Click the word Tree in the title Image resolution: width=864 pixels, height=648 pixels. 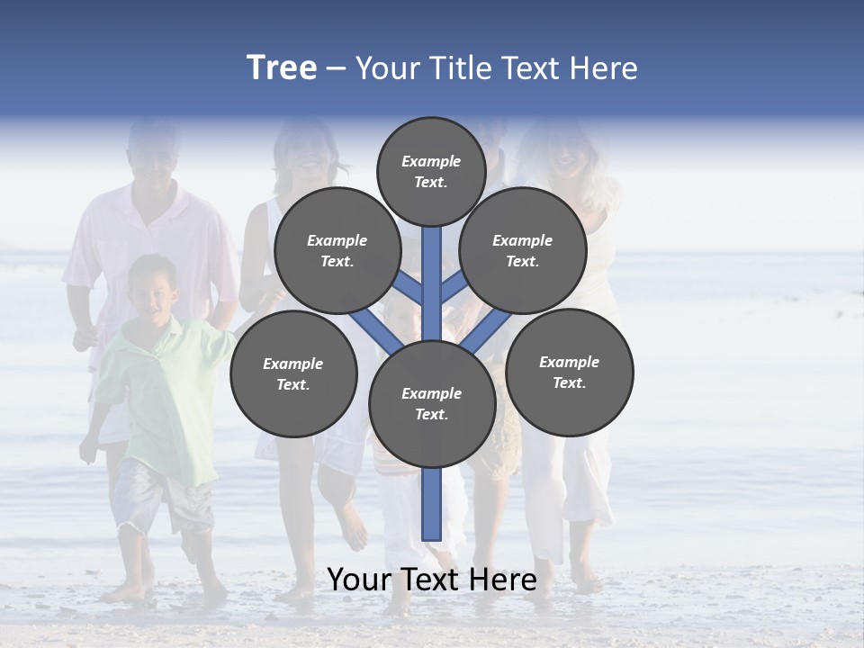click(282, 68)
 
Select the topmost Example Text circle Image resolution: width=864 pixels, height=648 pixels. click(431, 171)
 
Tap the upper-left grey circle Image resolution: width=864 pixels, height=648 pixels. click(337, 250)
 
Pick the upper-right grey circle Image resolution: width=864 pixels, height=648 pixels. click(523, 250)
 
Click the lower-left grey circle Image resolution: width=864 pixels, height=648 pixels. click(293, 373)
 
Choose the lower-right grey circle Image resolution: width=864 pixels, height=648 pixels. click(569, 372)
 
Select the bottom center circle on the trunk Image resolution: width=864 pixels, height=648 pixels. click(432, 403)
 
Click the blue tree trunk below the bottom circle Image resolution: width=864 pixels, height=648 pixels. click(432, 504)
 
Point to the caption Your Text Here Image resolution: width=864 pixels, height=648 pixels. click(432, 580)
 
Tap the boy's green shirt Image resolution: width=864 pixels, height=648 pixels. click(162, 387)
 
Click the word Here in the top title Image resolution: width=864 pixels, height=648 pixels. click(603, 68)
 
